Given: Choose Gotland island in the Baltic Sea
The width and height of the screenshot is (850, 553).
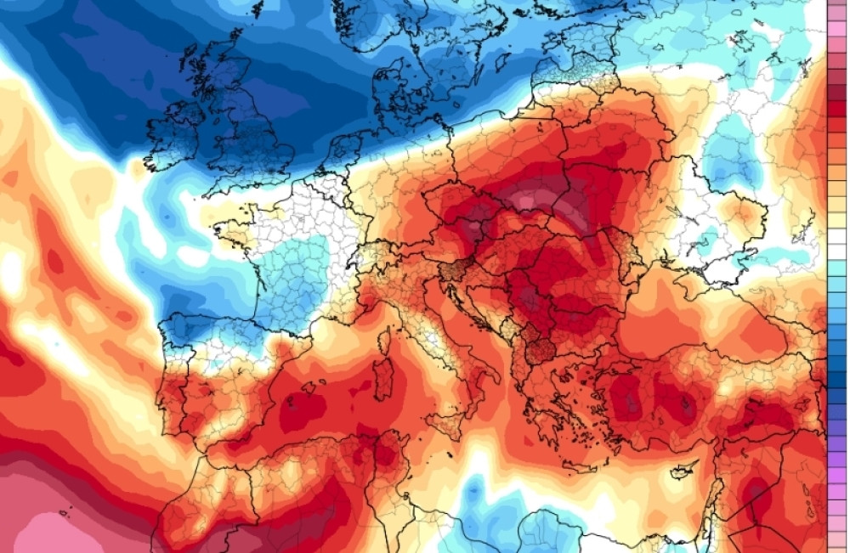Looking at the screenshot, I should pyautogui.click(x=544, y=51).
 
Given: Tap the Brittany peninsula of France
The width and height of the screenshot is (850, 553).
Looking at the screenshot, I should pyautogui.click(x=228, y=230).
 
